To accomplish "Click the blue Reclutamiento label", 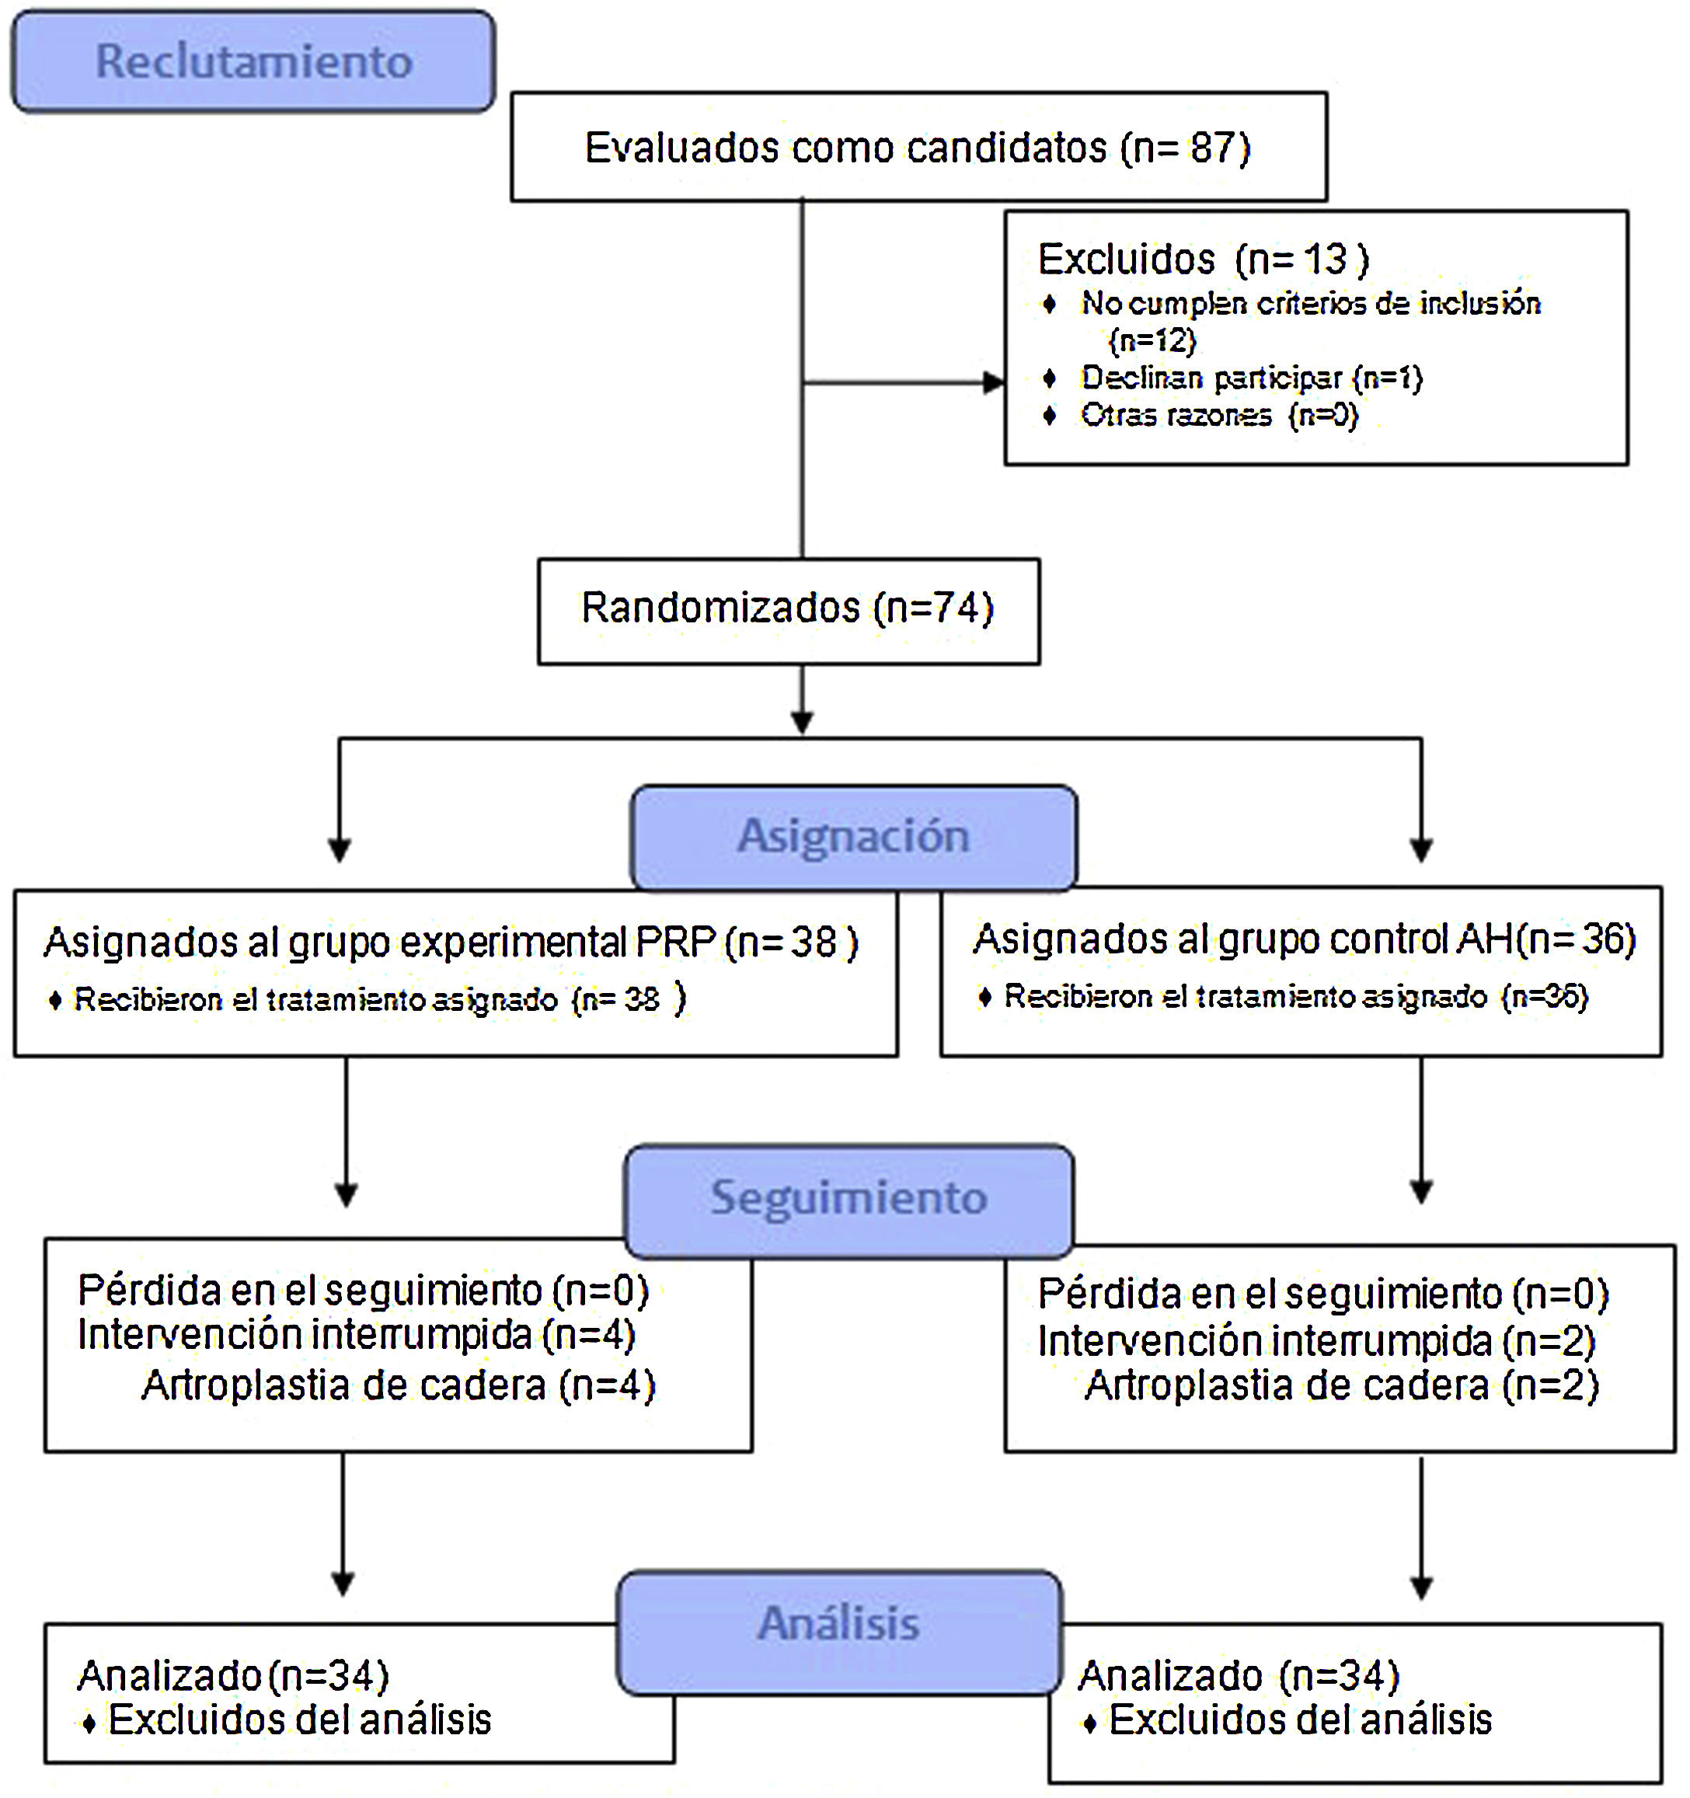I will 253,61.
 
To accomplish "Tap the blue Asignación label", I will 854,836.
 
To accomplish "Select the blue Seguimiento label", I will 848,1198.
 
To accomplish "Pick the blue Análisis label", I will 839,1623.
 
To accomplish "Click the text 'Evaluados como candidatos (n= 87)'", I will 917,148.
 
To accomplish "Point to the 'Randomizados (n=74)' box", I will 788,608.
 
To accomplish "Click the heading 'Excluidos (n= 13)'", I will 1203,260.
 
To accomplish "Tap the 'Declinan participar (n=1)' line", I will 1252,378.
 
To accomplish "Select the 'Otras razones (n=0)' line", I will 1219,415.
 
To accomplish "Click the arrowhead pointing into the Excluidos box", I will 994,382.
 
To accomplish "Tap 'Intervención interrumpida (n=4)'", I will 357,1335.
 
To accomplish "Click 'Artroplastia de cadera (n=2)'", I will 1342,1385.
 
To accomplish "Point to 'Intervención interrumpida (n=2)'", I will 1316,1341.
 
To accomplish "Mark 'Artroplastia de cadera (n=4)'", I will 398,1385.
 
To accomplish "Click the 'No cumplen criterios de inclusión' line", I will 1309,304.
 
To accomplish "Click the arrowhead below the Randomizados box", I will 802,723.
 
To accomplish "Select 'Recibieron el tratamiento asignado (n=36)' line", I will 1296,997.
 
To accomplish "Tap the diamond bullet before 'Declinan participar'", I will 1049,378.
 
